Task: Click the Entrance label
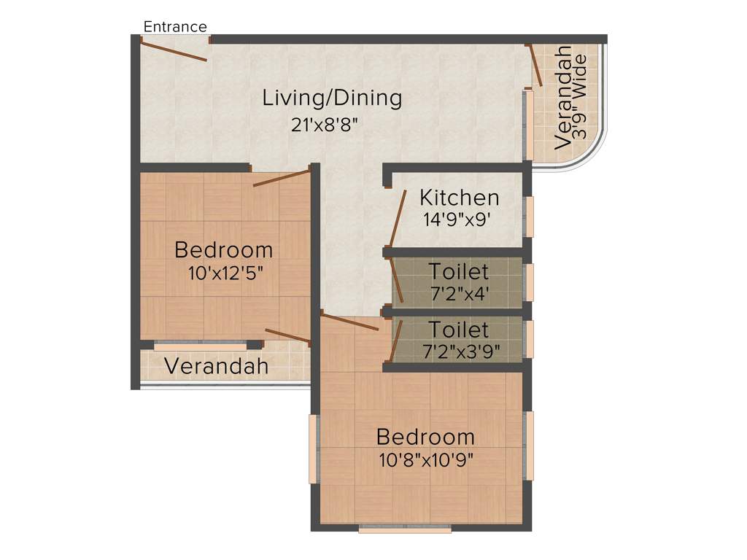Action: pyautogui.click(x=175, y=27)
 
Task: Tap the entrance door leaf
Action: pyautogui.click(x=174, y=50)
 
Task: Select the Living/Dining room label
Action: pyautogui.click(x=332, y=98)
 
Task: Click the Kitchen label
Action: pyautogui.click(x=459, y=198)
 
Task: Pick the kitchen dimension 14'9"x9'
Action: pyautogui.click(x=461, y=219)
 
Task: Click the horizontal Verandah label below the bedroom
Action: pyautogui.click(x=216, y=366)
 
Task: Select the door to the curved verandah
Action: pyautogui.click(x=535, y=66)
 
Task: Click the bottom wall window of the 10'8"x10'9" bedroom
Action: pyautogui.click(x=405, y=529)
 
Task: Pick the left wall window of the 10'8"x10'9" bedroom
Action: pyautogui.click(x=313, y=448)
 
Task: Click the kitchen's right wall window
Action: pyautogui.click(x=529, y=217)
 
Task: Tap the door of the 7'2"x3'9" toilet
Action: pyautogui.click(x=395, y=339)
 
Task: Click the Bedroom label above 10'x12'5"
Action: pyautogui.click(x=224, y=250)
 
